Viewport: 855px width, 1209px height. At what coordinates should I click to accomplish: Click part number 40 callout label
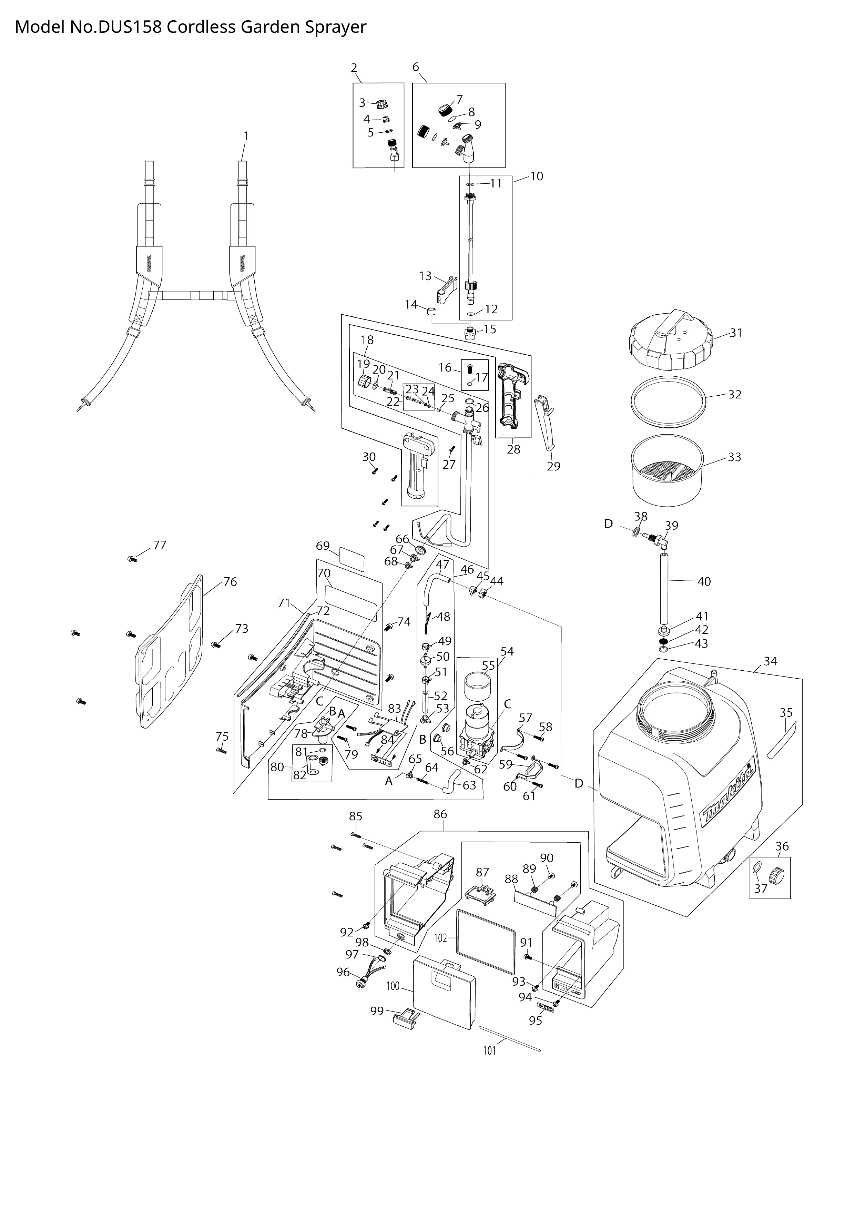pyautogui.click(x=704, y=581)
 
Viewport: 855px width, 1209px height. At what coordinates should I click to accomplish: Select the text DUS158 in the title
pyautogui.click(x=129, y=27)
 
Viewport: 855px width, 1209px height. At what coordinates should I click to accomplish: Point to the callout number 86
pyautogui.click(x=440, y=814)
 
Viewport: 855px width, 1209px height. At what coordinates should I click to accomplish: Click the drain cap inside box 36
pyautogui.click(x=776, y=875)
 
